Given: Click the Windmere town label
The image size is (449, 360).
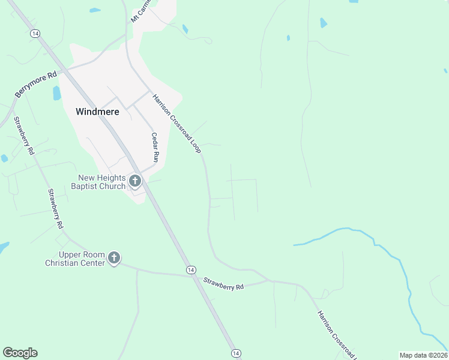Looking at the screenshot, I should tap(97, 112).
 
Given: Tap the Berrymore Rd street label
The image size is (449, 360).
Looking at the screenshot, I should tap(35, 84).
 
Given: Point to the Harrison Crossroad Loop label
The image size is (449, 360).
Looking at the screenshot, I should tap(176, 124).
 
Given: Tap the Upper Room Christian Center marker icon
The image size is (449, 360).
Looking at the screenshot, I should tap(114, 259).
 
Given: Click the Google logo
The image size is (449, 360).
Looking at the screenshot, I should tap(20, 353).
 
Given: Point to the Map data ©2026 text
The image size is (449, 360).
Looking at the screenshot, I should tap(423, 355).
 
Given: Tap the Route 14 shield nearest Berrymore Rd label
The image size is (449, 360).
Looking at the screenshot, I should tap(35, 34).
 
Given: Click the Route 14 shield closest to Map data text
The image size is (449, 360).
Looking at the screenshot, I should tap(236, 353).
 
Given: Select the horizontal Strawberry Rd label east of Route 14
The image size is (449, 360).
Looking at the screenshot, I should tap(223, 284).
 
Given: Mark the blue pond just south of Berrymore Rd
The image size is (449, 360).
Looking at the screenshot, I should tap(57, 93).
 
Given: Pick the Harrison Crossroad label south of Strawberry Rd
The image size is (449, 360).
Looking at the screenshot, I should tap(337, 335).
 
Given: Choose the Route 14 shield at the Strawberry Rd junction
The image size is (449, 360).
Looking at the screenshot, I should tap(190, 270).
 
